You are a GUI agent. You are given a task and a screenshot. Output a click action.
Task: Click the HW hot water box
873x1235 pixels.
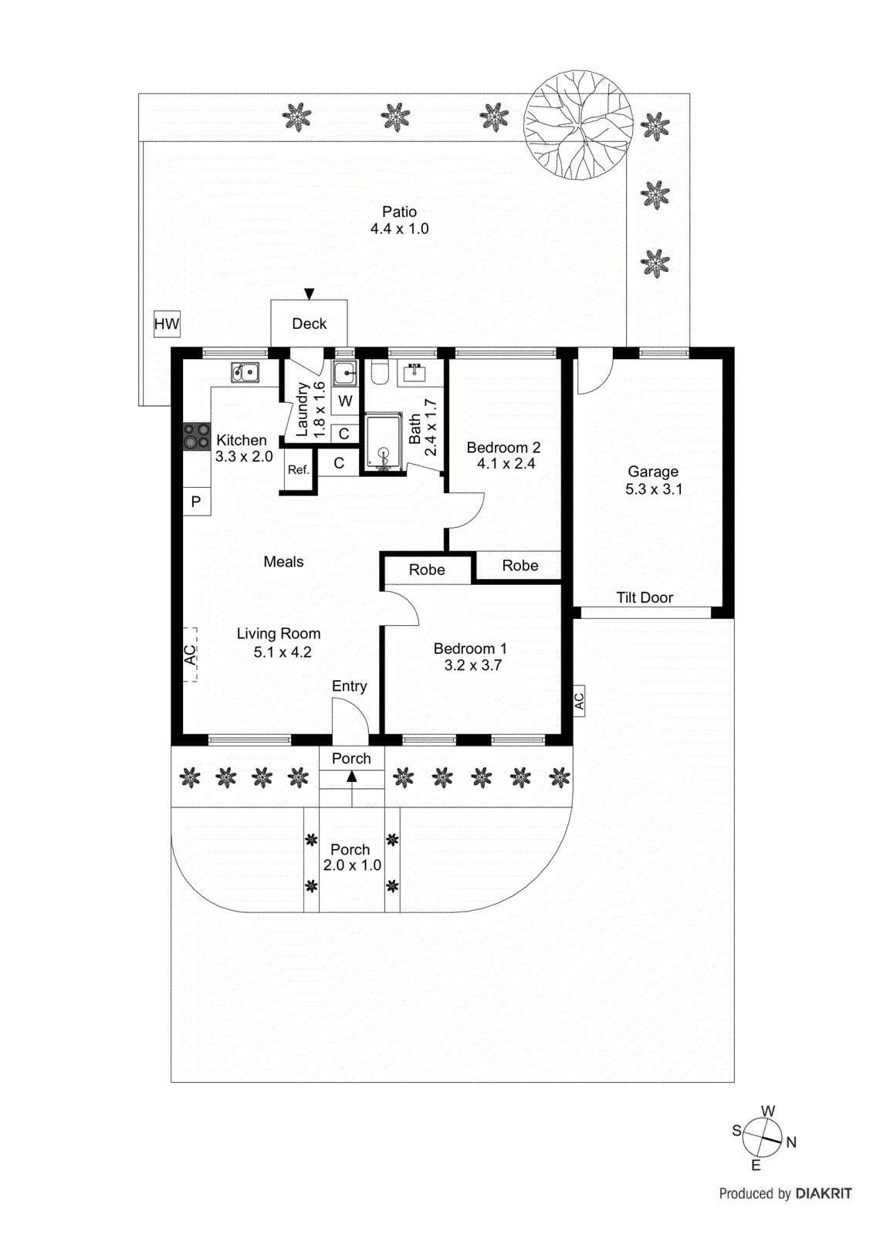167,324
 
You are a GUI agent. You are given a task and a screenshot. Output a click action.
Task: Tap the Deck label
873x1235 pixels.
309,324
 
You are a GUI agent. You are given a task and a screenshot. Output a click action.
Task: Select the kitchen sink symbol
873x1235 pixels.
245,373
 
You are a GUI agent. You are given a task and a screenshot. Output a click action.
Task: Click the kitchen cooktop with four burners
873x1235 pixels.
196,437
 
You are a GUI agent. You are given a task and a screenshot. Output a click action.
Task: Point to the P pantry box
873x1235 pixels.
196,502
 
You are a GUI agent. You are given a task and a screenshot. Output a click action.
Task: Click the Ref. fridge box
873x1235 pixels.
298,470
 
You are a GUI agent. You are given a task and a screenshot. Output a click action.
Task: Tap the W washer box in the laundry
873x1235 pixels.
345,401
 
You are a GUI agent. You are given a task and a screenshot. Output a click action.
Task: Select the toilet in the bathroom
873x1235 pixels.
379,373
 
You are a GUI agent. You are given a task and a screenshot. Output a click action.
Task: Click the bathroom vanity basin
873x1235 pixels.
415,374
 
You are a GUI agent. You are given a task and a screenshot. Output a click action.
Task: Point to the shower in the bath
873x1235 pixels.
384,442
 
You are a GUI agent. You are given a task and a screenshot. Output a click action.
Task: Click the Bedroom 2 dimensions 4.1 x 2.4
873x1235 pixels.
506,464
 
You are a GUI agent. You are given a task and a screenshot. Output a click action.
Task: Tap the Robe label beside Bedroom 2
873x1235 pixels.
519,566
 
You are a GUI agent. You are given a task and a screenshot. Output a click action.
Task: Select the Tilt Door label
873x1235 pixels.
645,597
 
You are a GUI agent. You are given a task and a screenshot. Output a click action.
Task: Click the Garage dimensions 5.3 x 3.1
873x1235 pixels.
654,489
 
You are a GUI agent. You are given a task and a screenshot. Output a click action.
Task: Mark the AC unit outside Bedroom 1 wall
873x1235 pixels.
579,701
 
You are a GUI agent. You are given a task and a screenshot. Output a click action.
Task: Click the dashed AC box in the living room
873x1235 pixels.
190,655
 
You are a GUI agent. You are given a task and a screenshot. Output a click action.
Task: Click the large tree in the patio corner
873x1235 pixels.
578,125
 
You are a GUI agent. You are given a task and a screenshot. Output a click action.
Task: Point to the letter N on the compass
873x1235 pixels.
791,1142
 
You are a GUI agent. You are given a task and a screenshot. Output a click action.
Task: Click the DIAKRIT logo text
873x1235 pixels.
823,1194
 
